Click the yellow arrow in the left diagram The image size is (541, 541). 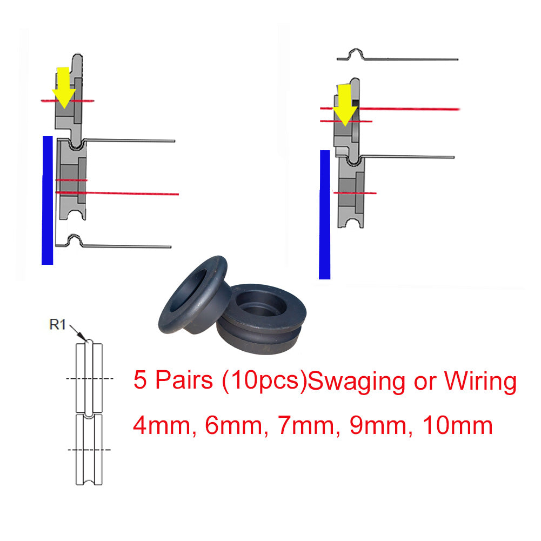[x=64, y=88]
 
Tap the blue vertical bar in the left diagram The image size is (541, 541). [x=47, y=201]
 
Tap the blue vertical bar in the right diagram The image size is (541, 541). [x=325, y=215]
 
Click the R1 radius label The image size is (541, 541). [x=58, y=325]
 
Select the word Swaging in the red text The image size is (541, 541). [x=356, y=381]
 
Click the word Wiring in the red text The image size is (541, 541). [x=480, y=381]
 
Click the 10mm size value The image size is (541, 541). [x=458, y=426]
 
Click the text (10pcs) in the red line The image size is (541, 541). [x=264, y=381]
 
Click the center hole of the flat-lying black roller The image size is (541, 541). [x=261, y=304]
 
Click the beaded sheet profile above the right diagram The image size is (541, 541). [x=397, y=56]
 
